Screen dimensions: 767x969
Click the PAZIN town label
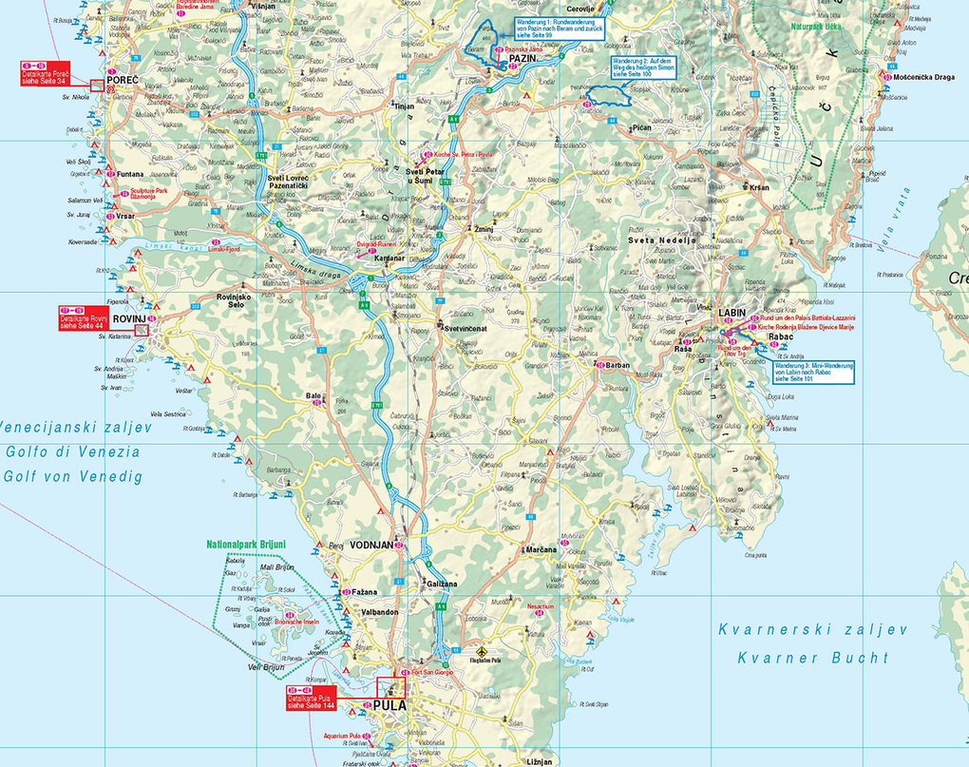[x=523, y=59]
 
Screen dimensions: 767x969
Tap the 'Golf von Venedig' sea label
[x=72, y=476]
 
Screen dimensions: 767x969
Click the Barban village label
[x=617, y=365]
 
